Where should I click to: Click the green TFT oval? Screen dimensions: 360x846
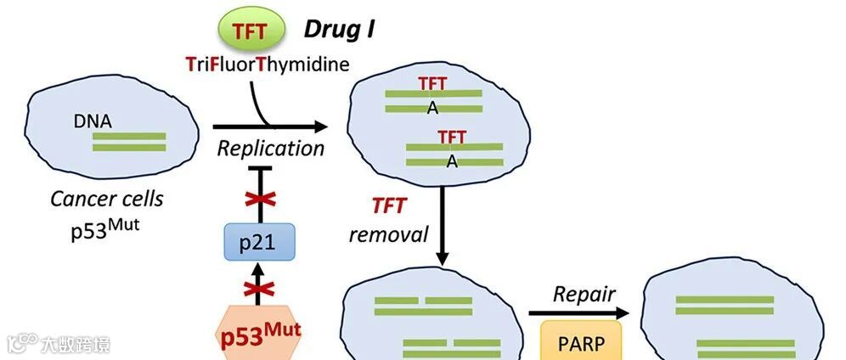tap(250, 31)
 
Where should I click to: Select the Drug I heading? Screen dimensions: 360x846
tap(339, 30)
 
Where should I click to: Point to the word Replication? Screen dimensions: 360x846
tap(270, 149)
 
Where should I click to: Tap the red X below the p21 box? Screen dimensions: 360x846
tap(258, 284)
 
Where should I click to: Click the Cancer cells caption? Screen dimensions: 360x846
tap(106, 200)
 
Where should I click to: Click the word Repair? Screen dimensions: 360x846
tap(584, 295)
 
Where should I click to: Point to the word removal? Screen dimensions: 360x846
tap(388, 233)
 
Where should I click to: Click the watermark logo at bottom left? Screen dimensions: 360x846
tap(22, 343)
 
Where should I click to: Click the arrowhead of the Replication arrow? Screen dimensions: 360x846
tap(321, 127)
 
